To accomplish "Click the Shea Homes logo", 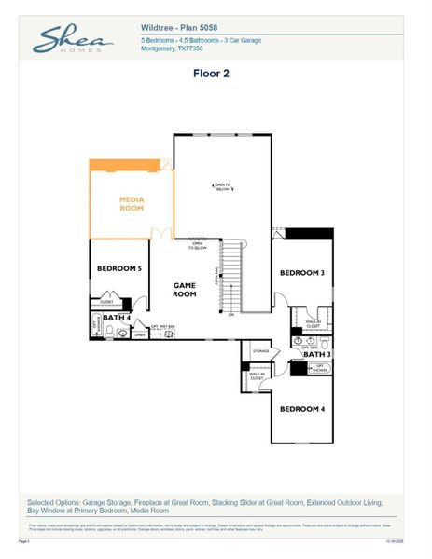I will click(72, 39).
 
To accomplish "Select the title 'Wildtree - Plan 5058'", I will click(179, 29).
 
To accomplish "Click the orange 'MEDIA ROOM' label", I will click(132, 203).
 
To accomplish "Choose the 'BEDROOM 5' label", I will click(119, 268).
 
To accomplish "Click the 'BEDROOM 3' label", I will click(303, 273).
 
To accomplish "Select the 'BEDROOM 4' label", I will click(302, 409).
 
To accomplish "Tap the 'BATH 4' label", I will click(117, 318).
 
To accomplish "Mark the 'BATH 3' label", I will click(316, 354).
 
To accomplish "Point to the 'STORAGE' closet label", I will click(260, 351).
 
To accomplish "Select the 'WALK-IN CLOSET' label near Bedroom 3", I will click(312, 321).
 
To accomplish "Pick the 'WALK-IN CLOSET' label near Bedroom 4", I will click(256, 376).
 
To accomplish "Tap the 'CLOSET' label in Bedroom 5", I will click(106, 302).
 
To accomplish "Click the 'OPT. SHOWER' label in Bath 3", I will click(320, 368).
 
